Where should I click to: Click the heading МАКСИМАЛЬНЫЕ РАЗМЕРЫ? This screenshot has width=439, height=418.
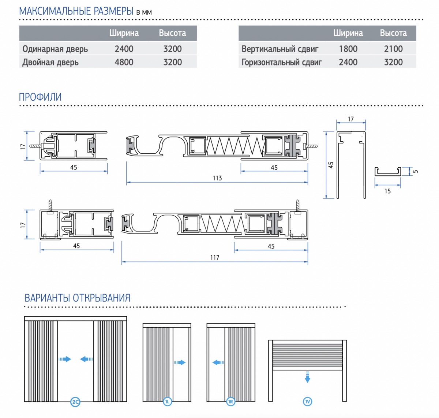pos(76,11)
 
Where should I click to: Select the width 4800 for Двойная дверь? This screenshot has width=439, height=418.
pos(124,62)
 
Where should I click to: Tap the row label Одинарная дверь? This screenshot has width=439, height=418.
pos(55,49)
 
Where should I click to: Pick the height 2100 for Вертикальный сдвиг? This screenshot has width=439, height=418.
pos(393,49)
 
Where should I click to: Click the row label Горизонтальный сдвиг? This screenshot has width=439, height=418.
pos(282,62)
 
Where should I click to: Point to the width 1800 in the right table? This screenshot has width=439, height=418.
pos(348,49)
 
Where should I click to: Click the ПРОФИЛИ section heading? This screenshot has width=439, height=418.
pos(40,97)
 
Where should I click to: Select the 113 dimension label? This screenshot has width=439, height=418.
pos(217,178)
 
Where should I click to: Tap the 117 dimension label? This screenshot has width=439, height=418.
pos(215,258)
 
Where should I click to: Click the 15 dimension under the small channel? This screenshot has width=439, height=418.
pos(387,191)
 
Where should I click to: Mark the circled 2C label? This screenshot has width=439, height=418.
pos(75,402)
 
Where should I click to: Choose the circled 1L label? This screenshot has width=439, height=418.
pos(167,402)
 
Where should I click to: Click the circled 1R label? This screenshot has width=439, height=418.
pos(230,402)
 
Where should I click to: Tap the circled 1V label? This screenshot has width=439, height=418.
pos(307,402)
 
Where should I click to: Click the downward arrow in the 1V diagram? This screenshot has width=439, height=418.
pos(307,377)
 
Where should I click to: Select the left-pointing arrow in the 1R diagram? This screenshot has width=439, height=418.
pos(218,362)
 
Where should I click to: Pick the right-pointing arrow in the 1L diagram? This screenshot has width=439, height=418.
pos(180,362)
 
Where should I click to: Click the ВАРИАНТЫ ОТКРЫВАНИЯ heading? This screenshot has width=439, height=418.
pos(78,298)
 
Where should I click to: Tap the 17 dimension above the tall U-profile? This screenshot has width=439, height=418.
pos(351,119)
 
